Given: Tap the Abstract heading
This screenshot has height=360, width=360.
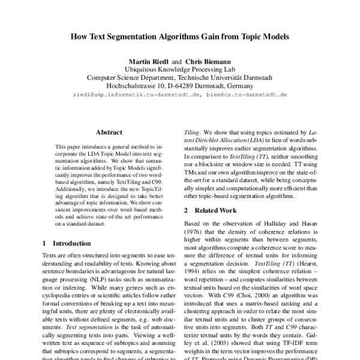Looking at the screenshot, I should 109,133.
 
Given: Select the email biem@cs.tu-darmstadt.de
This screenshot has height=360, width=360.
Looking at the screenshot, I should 246,95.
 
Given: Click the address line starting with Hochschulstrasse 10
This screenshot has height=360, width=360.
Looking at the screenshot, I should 179,86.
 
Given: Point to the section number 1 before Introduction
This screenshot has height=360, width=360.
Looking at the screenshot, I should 45,244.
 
